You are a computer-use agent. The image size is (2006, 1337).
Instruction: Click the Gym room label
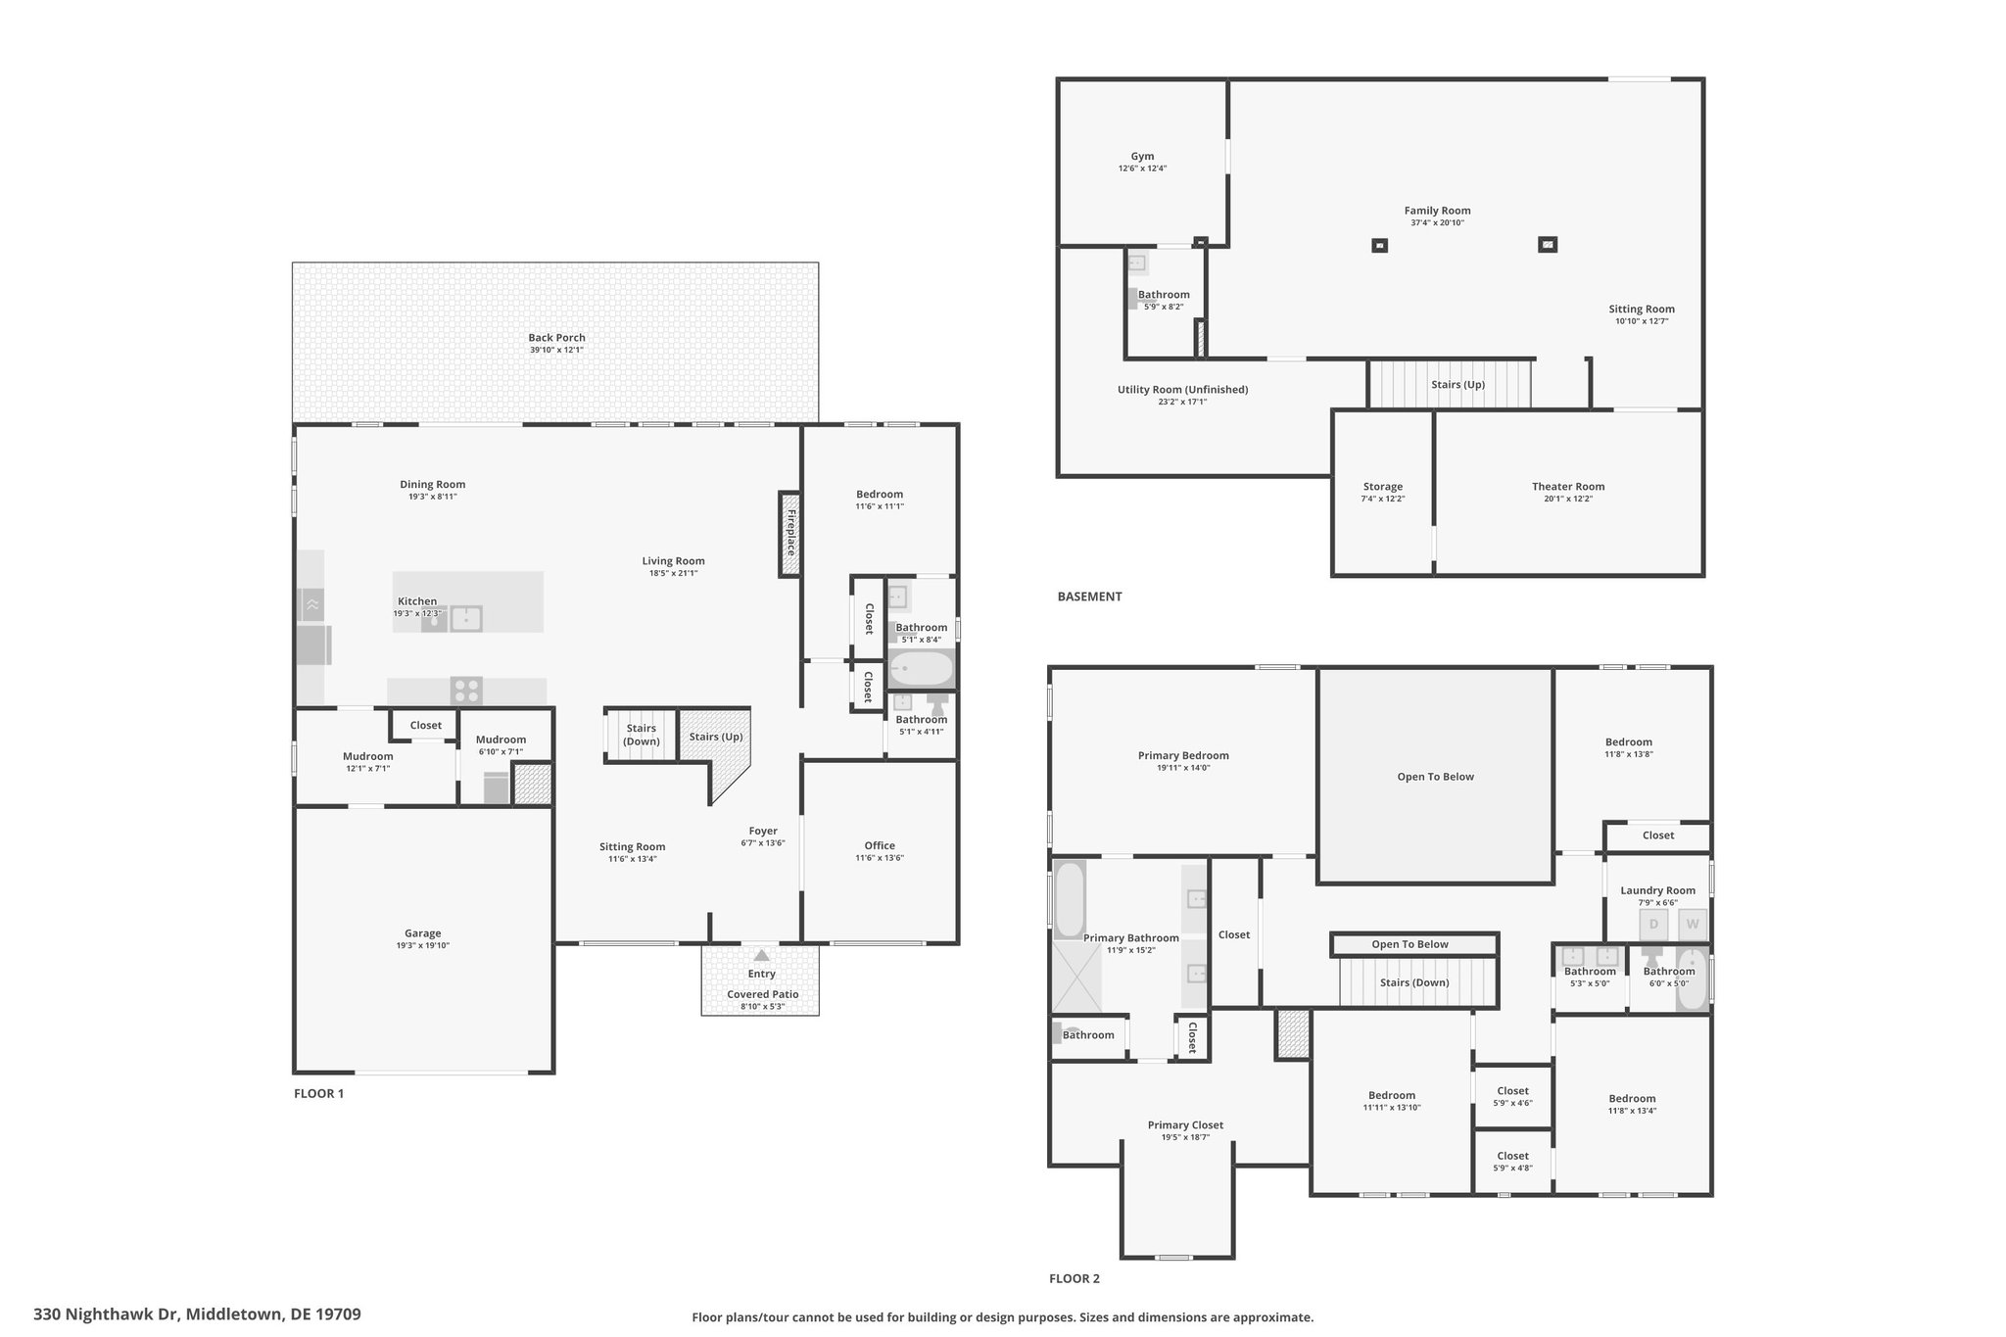pyautogui.click(x=1142, y=156)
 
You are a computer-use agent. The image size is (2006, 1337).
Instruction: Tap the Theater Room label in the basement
pyautogui.click(x=1568, y=487)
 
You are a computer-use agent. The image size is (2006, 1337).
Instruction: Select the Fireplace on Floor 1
pyautogui.click(x=790, y=534)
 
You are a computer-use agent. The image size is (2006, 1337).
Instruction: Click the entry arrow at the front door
pyautogui.click(x=761, y=954)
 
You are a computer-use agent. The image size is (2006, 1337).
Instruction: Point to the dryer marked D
pyautogui.click(x=1654, y=925)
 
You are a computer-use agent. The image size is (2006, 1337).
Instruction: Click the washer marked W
pyautogui.click(x=1693, y=925)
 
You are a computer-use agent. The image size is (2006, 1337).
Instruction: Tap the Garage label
pyautogui.click(x=423, y=933)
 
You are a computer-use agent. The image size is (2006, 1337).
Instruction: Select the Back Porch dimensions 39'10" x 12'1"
pyautogui.click(x=556, y=350)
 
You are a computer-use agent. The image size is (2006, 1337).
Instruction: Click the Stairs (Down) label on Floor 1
pyautogui.click(x=642, y=735)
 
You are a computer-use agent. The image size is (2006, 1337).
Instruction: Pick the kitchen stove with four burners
pyautogui.click(x=466, y=691)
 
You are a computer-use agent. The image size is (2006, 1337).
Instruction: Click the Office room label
pyautogui.click(x=880, y=845)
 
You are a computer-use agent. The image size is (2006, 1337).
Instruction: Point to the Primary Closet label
pyautogui.click(x=1185, y=1125)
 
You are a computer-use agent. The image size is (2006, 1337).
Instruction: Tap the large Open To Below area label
pyautogui.click(x=1435, y=777)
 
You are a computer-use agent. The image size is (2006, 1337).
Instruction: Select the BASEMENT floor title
pyautogui.click(x=1089, y=597)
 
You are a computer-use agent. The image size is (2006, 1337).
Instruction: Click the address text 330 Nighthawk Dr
pyautogui.click(x=107, y=1314)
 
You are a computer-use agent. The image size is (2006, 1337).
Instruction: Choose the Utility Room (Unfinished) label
pyautogui.click(x=1182, y=390)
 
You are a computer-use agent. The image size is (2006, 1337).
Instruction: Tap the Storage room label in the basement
pyautogui.click(x=1382, y=487)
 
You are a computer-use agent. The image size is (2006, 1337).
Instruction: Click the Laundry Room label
pyautogui.click(x=1657, y=890)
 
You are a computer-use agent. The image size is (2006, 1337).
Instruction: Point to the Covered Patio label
pyautogui.click(x=762, y=994)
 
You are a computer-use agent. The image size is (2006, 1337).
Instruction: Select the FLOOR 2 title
pyautogui.click(x=1075, y=1278)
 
